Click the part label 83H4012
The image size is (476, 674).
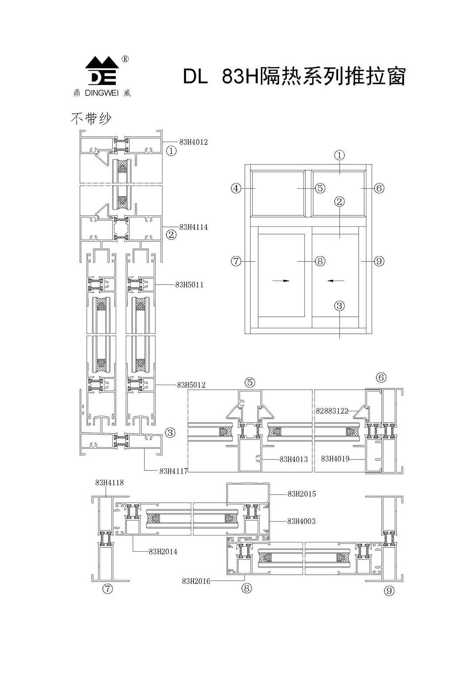[193, 142]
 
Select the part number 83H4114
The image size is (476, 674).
[193, 227]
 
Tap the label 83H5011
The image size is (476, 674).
[189, 285]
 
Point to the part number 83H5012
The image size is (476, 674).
[191, 385]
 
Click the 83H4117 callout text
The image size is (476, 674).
[173, 471]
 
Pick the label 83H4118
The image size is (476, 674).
[109, 483]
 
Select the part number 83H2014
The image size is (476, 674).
[163, 552]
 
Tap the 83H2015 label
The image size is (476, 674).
[301, 494]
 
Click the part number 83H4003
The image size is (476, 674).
[301, 521]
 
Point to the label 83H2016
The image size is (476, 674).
[196, 581]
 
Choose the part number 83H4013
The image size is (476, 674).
[293, 459]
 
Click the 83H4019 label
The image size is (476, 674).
[335, 459]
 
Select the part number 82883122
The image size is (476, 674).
[332, 411]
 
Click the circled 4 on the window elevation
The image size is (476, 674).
[236, 188]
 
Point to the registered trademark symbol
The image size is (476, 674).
[124, 59]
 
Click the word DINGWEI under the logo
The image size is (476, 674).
[102, 93]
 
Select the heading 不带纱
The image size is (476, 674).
[91, 118]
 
